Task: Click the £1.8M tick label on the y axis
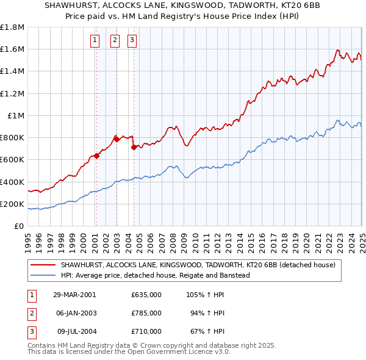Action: coord(12,27)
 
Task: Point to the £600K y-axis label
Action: coord(12,160)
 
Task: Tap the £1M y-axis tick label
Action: coord(15,115)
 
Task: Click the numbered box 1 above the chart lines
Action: coord(96,41)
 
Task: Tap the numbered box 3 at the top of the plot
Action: coord(132,41)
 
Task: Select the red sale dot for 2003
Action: coord(116,139)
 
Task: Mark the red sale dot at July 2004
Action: coord(133,147)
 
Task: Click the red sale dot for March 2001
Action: coord(96,156)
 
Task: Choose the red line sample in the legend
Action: coord(43,265)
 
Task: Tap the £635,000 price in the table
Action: coord(146,295)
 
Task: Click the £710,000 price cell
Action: coord(146,331)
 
